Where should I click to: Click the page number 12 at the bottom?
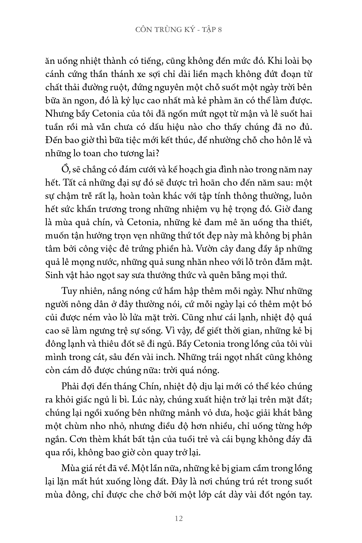point(179,519)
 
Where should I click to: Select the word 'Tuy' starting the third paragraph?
point(69,291)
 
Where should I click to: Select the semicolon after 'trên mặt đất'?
point(311,400)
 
